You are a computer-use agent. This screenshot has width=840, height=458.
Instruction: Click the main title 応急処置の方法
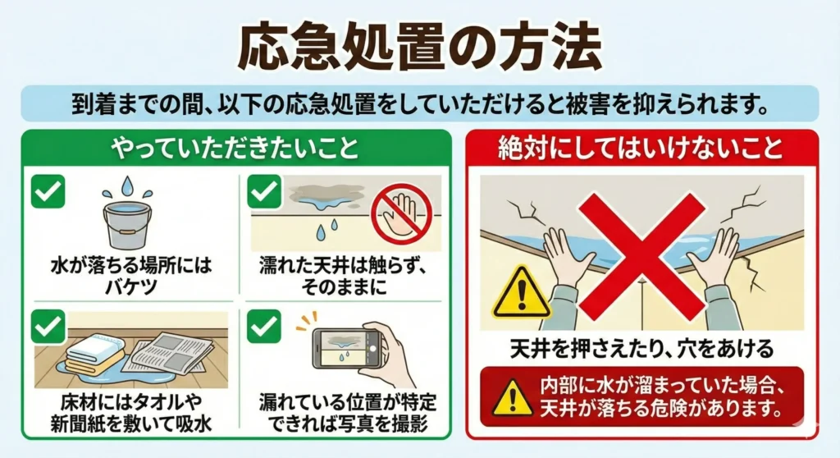pyautogui.click(x=419, y=47)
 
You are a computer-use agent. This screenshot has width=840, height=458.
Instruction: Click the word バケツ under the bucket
pyautogui.click(x=128, y=286)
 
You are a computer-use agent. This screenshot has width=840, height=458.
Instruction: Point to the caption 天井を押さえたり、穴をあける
pyautogui.click(x=641, y=349)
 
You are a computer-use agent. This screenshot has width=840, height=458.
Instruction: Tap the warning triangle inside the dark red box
pyautogui.click(x=513, y=396)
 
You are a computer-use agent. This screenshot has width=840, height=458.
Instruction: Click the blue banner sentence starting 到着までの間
pyautogui.click(x=419, y=105)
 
